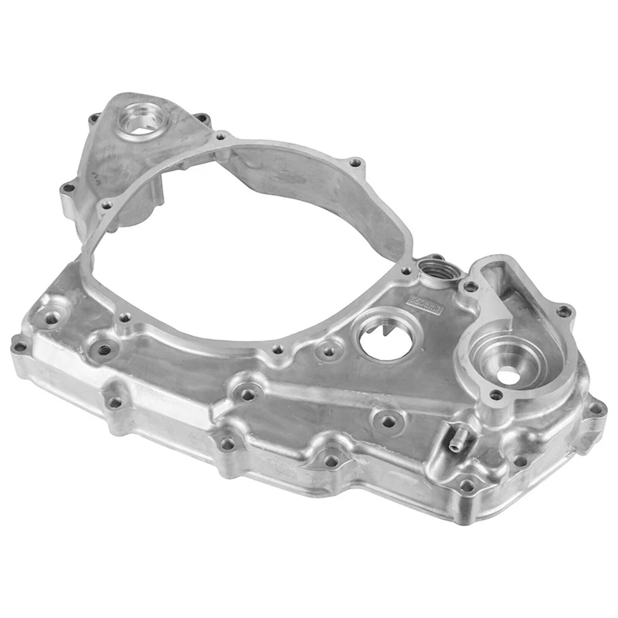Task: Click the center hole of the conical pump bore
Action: pyautogui.click(x=508, y=375)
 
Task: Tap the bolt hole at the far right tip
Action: pyautogui.click(x=595, y=409)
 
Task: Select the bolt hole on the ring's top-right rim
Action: pyautogui.click(x=355, y=163)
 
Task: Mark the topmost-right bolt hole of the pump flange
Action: pyautogui.click(x=564, y=311)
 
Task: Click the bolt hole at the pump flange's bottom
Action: pyautogui.click(x=497, y=396)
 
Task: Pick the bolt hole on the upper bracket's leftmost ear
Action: pyautogui.click(x=68, y=188)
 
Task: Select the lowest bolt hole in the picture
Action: pyautogui.click(x=467, y=486)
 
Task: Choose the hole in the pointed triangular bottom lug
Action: pyautogui.click(x=331, y=460)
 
